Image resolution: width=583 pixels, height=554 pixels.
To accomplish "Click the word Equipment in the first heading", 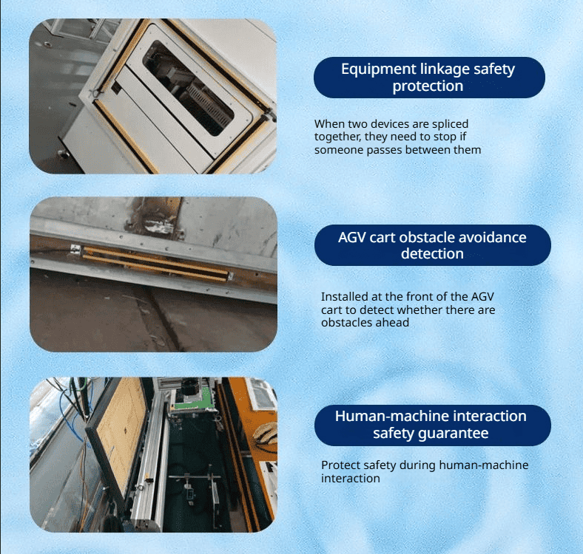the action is [x=379, y=69].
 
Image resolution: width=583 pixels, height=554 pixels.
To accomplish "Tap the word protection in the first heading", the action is [x=428, y=86].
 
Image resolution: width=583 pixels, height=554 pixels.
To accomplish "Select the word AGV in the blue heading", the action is [x=351, y=237].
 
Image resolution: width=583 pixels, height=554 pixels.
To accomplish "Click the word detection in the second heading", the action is [x=432, y=253].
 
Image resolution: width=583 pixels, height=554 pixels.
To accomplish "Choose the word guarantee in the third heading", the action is [x=454, y=434].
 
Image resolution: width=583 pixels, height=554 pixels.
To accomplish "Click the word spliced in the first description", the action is [x=450, y=124].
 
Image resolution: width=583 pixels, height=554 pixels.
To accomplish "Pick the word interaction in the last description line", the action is [x=351, y=478].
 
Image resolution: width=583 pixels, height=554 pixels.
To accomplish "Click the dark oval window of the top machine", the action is [x=189, y=89].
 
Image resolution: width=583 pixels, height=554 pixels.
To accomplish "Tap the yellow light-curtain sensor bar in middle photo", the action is [x=155, y=264].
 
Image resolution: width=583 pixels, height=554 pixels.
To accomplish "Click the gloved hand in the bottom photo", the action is [x=266, y=434].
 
